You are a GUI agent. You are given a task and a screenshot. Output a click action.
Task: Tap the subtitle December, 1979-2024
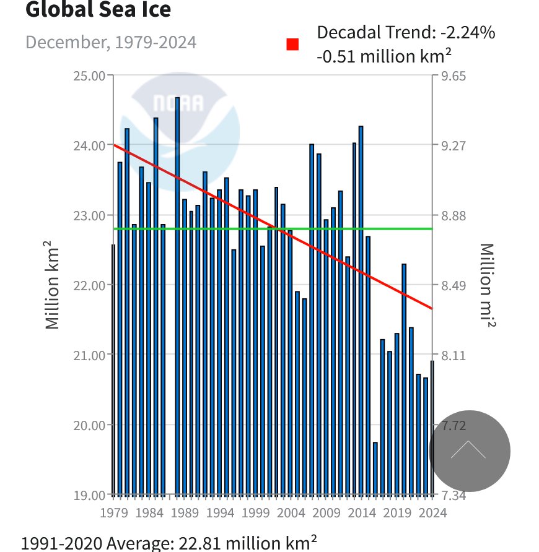(111, 42)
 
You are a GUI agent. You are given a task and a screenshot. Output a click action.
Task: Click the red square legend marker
(292, 45)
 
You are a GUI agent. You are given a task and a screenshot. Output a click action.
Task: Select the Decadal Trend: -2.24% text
(406, 32)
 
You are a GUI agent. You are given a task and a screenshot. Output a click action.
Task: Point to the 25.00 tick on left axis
(90, 75)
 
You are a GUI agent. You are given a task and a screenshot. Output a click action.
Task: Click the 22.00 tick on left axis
(90, 285)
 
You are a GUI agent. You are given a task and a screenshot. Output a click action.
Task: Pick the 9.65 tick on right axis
(454, 75)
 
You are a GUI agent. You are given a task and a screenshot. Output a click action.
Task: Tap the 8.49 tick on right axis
(453, 285)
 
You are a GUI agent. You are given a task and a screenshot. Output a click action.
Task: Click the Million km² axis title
(52, 285)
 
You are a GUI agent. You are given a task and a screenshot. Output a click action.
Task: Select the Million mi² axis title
(488, 285)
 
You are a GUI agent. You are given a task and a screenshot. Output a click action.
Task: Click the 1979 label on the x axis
(113, 512)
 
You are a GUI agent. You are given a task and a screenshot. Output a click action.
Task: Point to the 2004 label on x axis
(291, 512)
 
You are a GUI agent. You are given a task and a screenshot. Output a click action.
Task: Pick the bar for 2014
(361, 309)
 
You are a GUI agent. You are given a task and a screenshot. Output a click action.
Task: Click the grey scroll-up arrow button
(469, 451)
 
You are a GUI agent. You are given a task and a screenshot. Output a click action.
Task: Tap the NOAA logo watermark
(179, 124)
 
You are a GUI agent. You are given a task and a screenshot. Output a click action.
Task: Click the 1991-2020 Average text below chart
(169, 543)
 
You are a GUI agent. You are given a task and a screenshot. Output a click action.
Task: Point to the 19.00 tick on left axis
(90, 495)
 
